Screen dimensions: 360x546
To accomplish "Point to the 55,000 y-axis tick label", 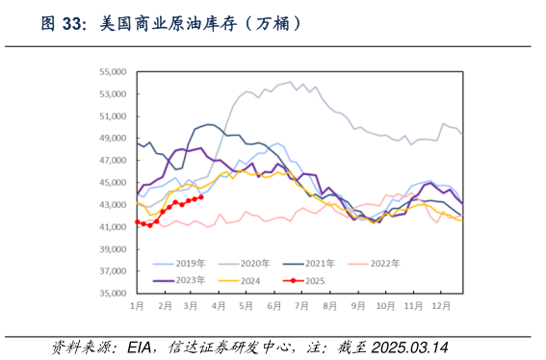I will coord(112,72).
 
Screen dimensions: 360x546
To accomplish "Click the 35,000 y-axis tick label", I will coord(112,294).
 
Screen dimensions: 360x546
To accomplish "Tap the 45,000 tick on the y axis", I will coord(112,183).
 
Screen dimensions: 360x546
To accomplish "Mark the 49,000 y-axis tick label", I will coord(112,139).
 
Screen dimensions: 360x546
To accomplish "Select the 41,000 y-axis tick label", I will coord(112,227).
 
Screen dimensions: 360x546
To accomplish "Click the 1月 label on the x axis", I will coord(137,305).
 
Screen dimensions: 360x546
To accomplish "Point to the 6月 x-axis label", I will coord(273,305).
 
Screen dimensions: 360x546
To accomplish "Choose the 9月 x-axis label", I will coord(358,305).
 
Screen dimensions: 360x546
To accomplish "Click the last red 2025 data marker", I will coord(200,196).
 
